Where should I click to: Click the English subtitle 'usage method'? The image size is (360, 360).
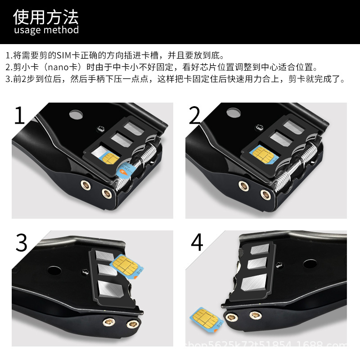(46, 30)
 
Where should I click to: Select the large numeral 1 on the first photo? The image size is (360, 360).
(20, 116)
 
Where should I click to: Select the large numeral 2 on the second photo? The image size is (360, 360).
(194, 116)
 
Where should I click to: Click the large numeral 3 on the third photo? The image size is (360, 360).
(22, 243)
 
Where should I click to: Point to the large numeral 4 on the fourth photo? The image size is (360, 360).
(197, 243)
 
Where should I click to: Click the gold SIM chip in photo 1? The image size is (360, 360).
(111, 158)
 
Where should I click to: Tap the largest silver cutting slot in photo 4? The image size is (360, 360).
(253, 283)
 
